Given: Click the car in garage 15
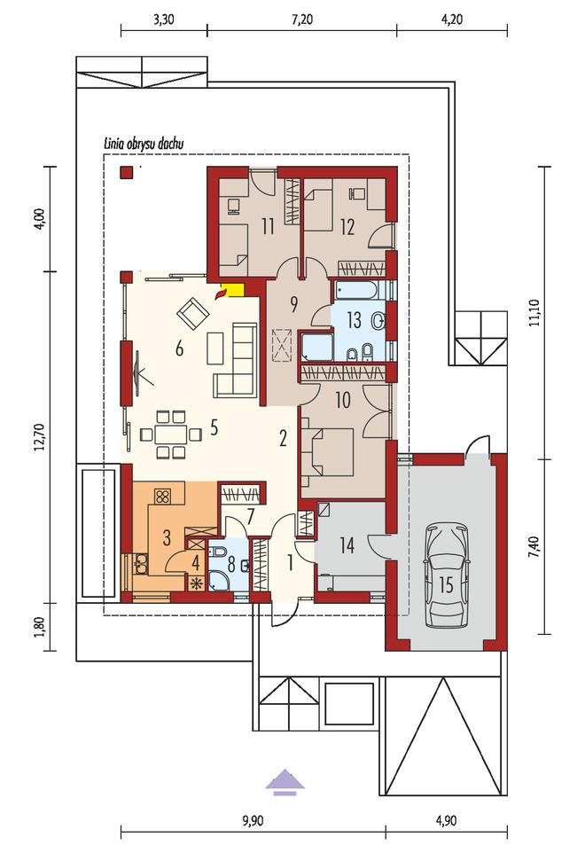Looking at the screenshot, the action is [447, 575].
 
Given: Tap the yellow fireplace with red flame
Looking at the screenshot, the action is [230, 291].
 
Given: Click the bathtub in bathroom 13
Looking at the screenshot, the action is [359, 289].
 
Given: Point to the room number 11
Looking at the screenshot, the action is [267, 226].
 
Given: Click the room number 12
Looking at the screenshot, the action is [347, 226].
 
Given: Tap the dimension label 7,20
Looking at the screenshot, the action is [302, 20].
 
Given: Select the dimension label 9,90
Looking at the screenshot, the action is [252, 821].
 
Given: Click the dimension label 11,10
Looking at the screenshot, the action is [535, 312].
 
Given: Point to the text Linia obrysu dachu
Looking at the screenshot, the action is [144, 145].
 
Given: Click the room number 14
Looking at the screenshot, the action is [347, 544].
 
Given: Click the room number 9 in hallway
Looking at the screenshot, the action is [293, 305].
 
